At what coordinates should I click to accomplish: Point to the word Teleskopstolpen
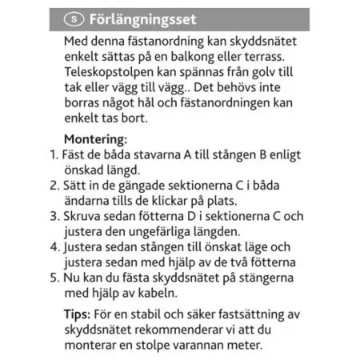(110, 71)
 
